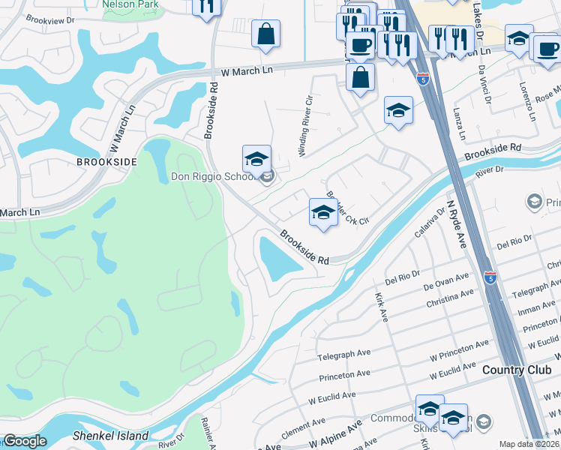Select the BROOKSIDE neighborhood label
pyautogui.click(x=107, y=161)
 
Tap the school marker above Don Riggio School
pyautogui.click(x=256, y=160)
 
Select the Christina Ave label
pyautogui.click(x=449, y=298)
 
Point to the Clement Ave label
pyautogui.click(x=304, y=430)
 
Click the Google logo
pyautogui.click(x=25, y=441)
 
